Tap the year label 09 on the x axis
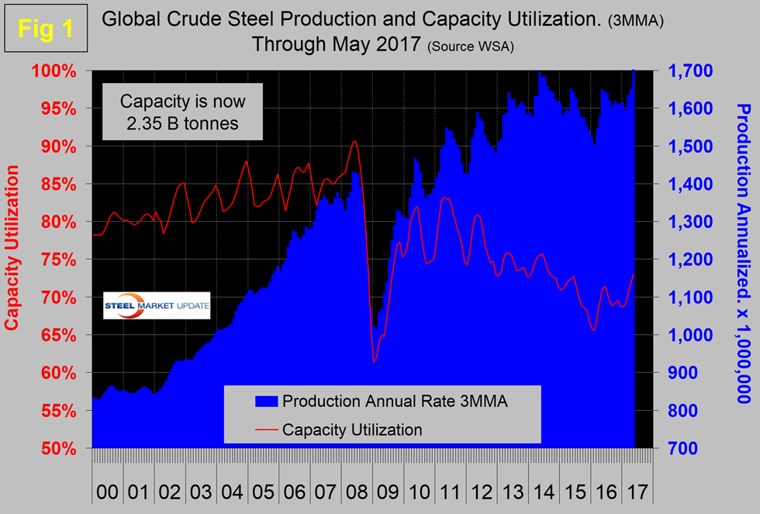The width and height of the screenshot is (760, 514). tap(385, 492)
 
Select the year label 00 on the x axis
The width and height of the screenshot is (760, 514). tap(108, 492)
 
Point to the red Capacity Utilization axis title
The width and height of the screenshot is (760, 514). tap(13, 260)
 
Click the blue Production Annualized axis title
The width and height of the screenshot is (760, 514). tap(742, 253)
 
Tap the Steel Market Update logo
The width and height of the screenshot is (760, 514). tap(157, 305)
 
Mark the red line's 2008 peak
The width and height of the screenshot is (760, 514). tap(354, 141)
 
